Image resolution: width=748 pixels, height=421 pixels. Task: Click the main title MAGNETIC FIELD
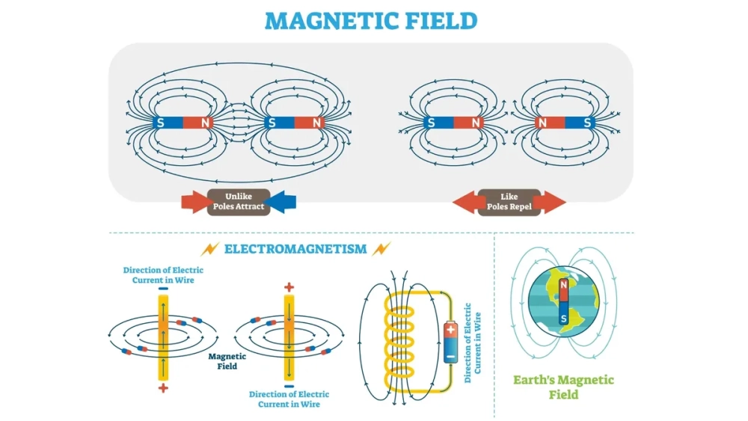371,20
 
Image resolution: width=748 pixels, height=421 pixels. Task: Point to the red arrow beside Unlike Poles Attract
196,201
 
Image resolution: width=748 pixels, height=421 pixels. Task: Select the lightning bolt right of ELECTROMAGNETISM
381,248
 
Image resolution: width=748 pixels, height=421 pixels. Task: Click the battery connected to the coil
450,341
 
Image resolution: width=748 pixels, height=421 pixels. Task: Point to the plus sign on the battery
450,328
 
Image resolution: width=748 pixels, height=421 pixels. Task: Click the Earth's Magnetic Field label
563,387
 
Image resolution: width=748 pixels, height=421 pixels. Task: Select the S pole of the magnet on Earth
562,317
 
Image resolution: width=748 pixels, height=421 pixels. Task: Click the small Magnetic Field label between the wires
222,361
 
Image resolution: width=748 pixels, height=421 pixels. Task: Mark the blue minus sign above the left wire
163,287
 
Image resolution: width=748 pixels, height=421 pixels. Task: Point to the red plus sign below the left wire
163,389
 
